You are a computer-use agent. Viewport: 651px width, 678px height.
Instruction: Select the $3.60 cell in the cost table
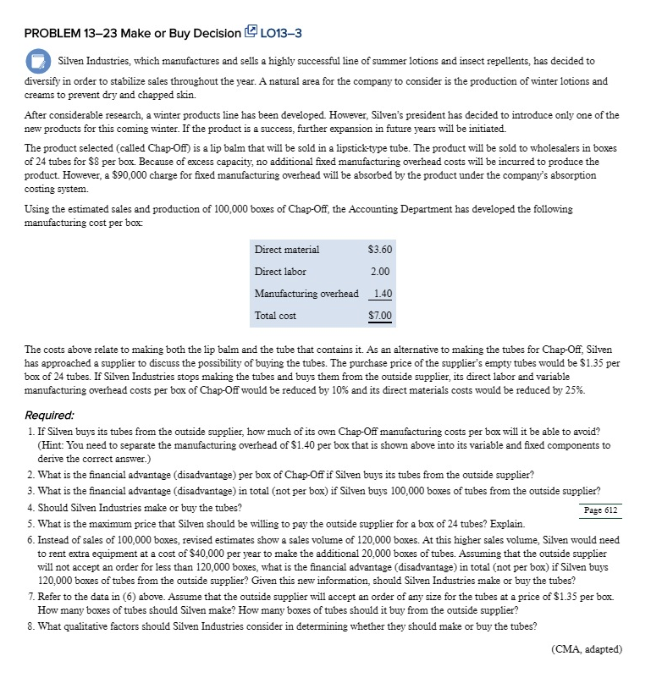tap(380, 250)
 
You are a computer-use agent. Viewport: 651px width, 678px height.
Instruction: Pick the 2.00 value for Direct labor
tap(380, 272)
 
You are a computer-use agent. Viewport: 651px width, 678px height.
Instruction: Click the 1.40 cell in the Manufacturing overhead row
tap(382, 294)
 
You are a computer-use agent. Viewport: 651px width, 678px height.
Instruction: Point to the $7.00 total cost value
tap(380, 317)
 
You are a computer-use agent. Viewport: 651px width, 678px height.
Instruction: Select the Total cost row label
tap(275, 316)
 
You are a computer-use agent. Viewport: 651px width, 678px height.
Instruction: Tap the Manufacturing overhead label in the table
tap(306, 294)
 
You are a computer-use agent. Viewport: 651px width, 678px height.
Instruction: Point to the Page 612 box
tap(602, 510)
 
